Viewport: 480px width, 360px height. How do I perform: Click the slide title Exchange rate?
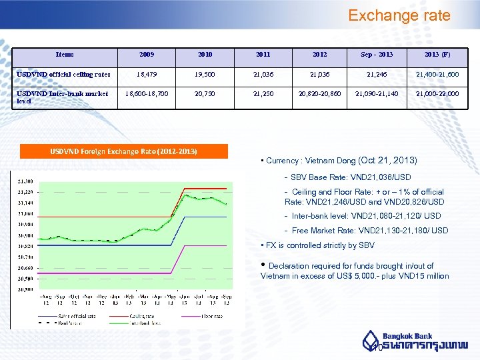click(399, 15)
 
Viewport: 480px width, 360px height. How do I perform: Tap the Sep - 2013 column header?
click(377, 55)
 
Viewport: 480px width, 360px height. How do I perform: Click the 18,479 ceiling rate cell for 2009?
click(146, 75)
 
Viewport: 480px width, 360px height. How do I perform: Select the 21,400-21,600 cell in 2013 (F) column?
click(437, 75)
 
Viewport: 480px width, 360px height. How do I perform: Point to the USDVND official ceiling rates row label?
click(64, 74)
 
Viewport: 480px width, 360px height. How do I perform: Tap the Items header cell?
click(65, 55)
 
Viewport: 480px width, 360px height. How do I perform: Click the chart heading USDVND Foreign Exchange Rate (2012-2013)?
click(123, 151)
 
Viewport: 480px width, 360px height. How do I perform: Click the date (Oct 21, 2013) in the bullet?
click(388, 160)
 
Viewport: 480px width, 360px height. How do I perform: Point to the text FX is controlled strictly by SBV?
click(319, 245)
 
